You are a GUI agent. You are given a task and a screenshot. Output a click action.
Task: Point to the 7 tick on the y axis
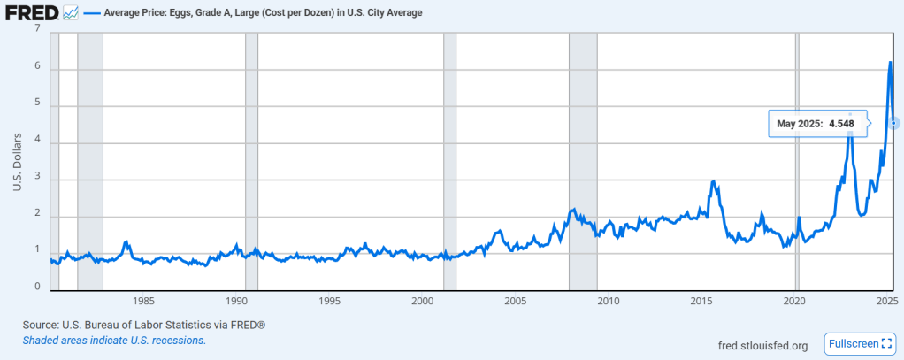pos(37,29)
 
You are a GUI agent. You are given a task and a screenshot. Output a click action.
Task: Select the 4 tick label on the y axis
pos(37,142)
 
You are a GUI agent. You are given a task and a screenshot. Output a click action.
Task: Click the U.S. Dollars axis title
pos(17,160)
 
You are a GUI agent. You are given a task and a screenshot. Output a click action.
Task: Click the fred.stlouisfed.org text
pos(762,345)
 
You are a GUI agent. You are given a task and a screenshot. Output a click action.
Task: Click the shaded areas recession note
pos(114,341)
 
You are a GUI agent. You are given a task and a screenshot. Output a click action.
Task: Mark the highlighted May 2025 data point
pos(895,123)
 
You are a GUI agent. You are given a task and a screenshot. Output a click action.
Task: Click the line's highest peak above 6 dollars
pos(890,63)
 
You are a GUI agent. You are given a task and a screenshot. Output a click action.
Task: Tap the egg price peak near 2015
pos(713,181)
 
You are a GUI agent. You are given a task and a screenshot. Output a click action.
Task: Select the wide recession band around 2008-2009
pos(583,159)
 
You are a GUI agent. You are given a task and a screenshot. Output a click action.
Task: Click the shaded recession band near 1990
pos(251,159)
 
